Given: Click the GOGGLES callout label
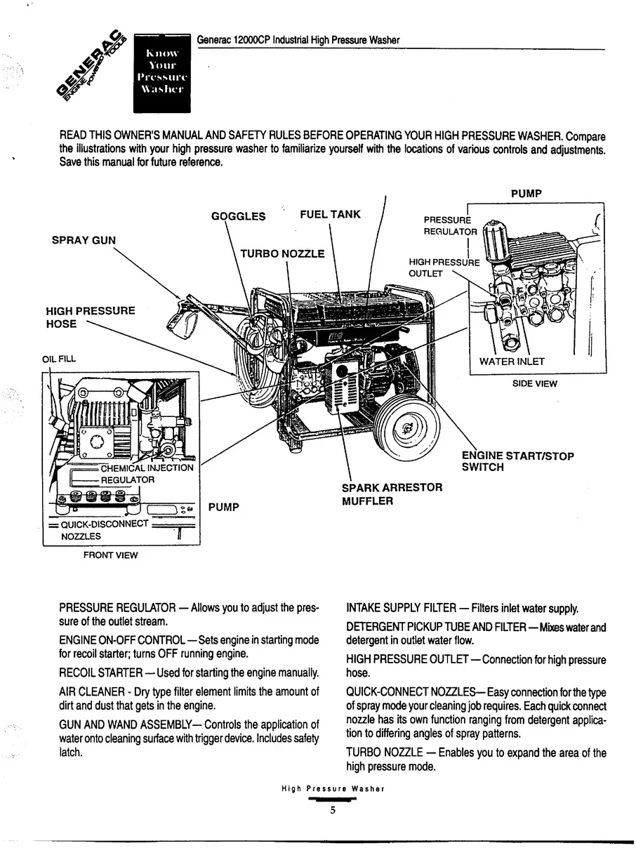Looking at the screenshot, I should pos(239,216).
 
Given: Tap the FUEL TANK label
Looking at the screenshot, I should pos(330,215).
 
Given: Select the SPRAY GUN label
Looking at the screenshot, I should pos(84,240).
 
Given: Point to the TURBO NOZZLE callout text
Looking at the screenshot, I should pos(282,253).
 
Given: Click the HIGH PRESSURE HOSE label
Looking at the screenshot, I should pos(90,317).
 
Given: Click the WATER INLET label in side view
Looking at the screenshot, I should pos(512,362).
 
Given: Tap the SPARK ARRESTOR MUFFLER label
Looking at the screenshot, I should pos(392,494).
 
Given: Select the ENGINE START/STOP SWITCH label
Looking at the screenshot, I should pos(517,461).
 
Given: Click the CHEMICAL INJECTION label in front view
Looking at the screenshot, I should pos(147,468).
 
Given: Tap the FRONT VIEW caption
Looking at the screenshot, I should pos(111,555).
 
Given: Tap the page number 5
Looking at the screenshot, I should pos(333,810).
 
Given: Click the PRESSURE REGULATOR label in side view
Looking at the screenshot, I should pos(450,225).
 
